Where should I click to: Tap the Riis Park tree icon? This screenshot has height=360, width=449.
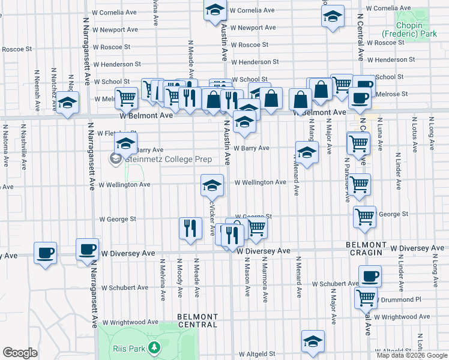pyautogui.click(x=155, y=347)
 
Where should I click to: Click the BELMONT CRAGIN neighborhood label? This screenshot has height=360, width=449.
pyautogui.click(x=366, y=248)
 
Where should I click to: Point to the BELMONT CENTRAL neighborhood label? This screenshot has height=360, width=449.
pyautogui.click(x=197, y=320)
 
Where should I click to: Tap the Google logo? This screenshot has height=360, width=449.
pyautogui.click(x=20, y=353)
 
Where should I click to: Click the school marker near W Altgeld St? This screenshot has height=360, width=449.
pyautogui.click(x=313, y=341)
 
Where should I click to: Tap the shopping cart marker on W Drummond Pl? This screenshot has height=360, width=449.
pyautogui.click(x=366, y=296)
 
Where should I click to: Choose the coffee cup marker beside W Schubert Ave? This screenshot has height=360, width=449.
pyautogui.click(x=370, y=276)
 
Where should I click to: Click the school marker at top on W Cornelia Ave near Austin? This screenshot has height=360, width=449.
pyautogui.click(x=215, y=11)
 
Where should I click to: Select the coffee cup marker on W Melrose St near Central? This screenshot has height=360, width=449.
pyautogui.click(x=361, y=98)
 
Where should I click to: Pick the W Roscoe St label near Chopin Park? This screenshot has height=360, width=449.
pyautogui.click(x=385, y=43)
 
